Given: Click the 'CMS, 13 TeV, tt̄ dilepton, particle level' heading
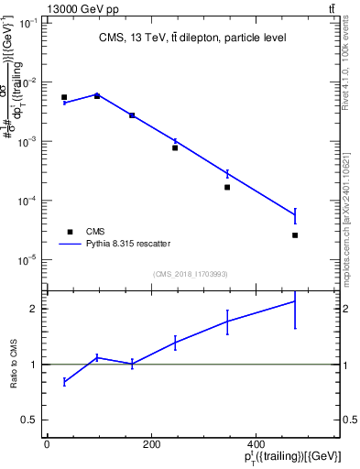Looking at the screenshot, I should (191, 38).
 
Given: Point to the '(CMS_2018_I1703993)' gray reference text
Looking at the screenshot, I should (190, 274).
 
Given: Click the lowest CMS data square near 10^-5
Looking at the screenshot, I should (295, 235).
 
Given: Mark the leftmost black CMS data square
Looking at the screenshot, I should (64, 97).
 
